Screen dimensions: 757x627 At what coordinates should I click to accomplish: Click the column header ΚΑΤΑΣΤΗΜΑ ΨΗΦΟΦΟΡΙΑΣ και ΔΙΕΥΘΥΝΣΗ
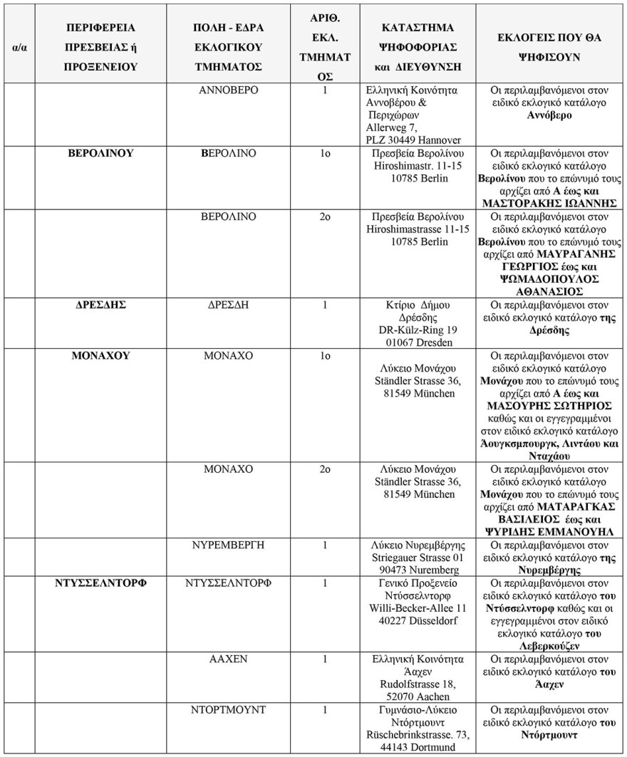click(x=418, y=47)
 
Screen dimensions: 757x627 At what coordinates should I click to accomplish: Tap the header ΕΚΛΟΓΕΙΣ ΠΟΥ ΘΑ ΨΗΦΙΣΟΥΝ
click(x=549, y=47)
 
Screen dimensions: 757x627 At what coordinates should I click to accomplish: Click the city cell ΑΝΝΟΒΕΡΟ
click(x=229, y=91)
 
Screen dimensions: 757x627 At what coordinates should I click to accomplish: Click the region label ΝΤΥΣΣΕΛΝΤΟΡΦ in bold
click(x=101, y=583)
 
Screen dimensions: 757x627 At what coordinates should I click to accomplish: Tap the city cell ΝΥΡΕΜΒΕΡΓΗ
click(x=229, y=545)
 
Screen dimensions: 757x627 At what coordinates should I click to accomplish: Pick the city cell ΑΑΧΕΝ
click(x=229, y=659)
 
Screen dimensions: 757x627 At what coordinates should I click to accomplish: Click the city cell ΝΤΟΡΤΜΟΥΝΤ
click(x=229, y=710)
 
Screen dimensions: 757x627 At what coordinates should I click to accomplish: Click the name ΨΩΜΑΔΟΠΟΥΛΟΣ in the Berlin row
click(x=549, y=279)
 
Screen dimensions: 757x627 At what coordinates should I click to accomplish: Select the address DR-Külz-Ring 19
click(x=418, y=330)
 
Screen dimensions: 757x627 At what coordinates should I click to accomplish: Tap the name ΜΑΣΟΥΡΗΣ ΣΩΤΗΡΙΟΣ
click(x=549, y=406)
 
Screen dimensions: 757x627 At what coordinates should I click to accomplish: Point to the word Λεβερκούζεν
click(x=549, y=646)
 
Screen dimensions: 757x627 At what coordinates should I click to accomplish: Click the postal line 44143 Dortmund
click(x=418, y=747)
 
